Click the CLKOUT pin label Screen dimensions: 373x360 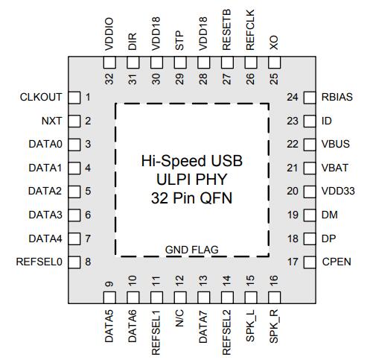pos(41,97)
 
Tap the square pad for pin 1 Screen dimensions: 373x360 pos(74,98)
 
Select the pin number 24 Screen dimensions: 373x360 pos(293,97)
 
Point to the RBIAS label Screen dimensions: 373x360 pos(337,97)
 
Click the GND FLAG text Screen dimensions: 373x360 pos(192,250)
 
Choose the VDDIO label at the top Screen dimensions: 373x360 pos(109,34)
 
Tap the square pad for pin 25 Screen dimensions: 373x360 pos(274,63)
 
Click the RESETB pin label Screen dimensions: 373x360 pos(226,30)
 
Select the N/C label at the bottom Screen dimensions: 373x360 pos(179,318)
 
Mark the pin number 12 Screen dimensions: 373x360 pos(179,280)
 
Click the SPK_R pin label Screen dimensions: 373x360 pos(274,326)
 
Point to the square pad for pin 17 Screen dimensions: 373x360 pos(310,262)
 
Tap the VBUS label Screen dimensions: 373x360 pos(336,144)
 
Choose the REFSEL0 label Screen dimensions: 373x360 pos(39,262)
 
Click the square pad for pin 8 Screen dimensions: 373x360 pos(74,262)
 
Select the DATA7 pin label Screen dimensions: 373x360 pos(203,326)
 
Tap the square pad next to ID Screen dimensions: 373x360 pos(310,121)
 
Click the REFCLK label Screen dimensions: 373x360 pos(250,30)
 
